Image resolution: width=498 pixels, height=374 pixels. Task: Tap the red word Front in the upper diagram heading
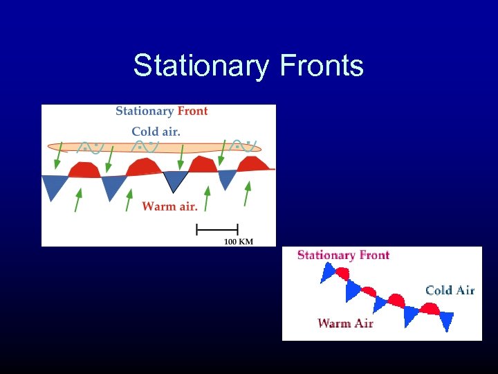(192, 111)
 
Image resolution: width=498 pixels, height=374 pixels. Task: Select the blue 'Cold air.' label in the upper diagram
(156, 132)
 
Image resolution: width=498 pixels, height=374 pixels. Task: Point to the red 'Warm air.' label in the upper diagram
(169, 206)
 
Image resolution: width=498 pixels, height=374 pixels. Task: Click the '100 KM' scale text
(238, 241)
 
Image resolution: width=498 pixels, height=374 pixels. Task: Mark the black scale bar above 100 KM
(217, 229)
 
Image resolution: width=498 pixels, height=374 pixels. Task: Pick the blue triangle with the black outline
(175, 180)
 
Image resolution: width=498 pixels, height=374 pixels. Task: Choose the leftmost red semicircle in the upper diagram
(84, 170)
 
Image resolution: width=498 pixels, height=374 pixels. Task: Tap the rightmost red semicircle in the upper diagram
(253, 164)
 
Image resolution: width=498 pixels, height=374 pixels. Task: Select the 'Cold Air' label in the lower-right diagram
(450, 290)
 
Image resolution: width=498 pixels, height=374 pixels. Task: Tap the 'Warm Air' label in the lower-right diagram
(345, 323)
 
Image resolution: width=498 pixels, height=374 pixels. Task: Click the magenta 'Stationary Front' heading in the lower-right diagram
(343, 255)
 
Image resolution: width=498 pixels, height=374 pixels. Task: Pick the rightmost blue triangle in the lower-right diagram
(446, 320)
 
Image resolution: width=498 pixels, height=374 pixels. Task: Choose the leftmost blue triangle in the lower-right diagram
(328, 274)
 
